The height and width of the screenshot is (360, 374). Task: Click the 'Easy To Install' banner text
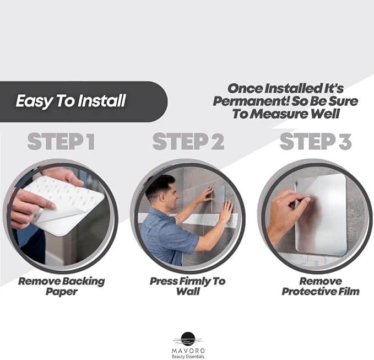pos(71,101)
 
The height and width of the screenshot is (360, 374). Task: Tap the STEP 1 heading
pos(61,142)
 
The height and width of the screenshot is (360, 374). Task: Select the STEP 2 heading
pos(188,142)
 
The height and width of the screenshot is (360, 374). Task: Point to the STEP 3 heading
pos(316,142)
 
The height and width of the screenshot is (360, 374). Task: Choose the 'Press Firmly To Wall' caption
pos(187,286)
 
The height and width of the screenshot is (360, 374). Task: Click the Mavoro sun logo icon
pos(187,338)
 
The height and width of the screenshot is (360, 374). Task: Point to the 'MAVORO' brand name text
pos(187,349)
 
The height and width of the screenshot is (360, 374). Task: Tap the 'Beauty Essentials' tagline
pos(187,356)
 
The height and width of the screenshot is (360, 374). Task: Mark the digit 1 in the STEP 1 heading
pos(89,142)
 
